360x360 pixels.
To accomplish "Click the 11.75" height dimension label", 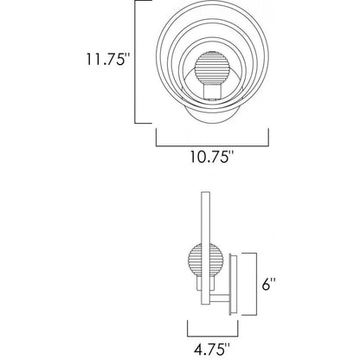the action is [x=106, y=59].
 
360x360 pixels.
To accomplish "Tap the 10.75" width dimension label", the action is [x=212, y=157].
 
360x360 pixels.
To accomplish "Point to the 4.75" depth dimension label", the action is [x=212, y=349].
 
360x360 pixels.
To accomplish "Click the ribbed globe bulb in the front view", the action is [x=209, y=67].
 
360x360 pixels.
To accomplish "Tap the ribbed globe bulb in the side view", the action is [x=203, y=260].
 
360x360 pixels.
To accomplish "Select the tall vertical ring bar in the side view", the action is [x=206, y=247].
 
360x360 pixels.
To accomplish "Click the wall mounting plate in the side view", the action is [x=233, y=284].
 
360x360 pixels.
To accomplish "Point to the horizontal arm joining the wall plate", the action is [x=220, y=298].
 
